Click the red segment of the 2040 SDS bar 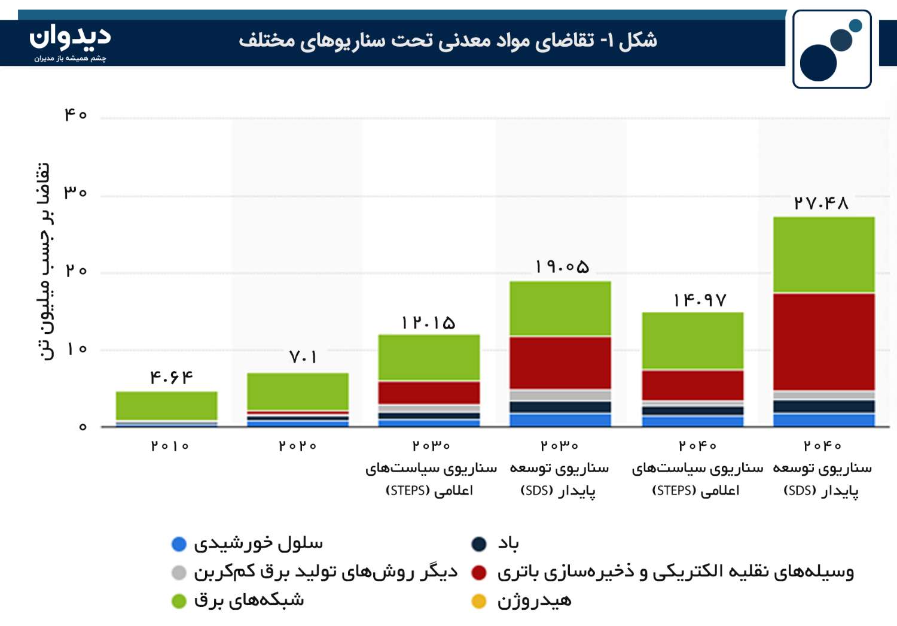[x=823, y=342]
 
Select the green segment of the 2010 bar [x=167, y=406]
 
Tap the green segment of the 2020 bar [x=298, y=391]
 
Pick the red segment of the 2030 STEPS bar [x=429, y=393]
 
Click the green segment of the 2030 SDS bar [x=560, y=308]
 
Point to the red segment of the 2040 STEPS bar [x=692, y=385]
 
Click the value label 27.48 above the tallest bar [x=821, y=203]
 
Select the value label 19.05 [x=562, y=266]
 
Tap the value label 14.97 [x=700, y=300]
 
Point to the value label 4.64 [x=172, y=377]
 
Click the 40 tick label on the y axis [x=76, y=115]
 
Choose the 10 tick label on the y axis [x=77, y=349]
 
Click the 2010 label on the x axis [x=169, y=446]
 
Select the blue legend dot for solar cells [x=179, y=544]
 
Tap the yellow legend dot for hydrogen [x=479, y=601]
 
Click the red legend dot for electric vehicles [x=479, y=573]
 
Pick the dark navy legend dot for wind [x=479, y=544]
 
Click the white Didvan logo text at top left [x=70, y=37]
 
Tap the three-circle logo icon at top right [x=832, y=49]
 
